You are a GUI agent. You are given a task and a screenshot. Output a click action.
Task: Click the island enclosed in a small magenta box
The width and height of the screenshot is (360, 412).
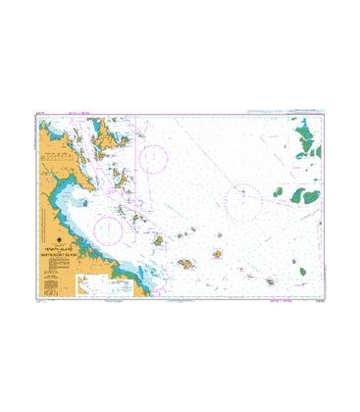tap(216, 254)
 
